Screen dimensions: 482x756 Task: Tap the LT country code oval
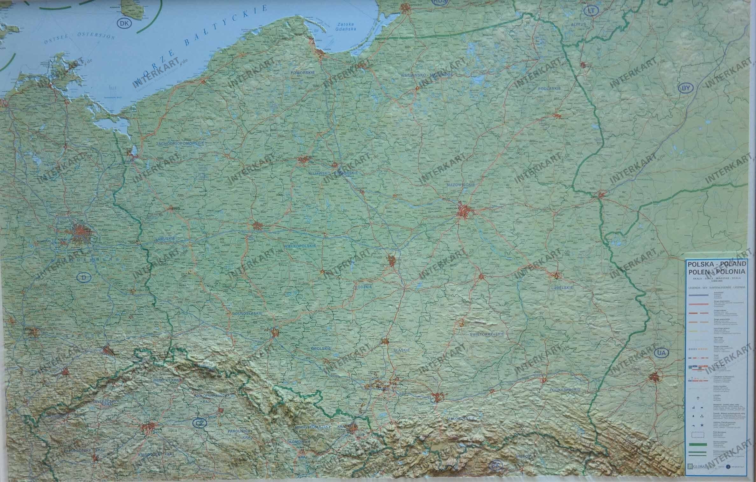591,11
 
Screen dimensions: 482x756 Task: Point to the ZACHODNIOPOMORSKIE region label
180,144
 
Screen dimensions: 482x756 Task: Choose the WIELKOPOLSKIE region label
299,246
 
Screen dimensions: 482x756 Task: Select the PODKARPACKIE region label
567,390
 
